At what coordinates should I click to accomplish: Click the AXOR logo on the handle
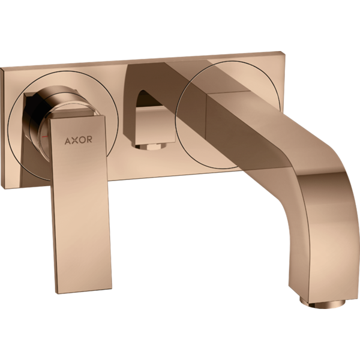[x=78, y=140]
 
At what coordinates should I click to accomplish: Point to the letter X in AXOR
[x=75, y=140]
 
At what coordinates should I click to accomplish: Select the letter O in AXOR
[x=82, y=140]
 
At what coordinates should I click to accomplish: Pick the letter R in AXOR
[x=89, y=139]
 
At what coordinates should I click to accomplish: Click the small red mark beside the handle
[x=44, y=137]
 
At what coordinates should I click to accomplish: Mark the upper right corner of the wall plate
[x=280, y=51]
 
